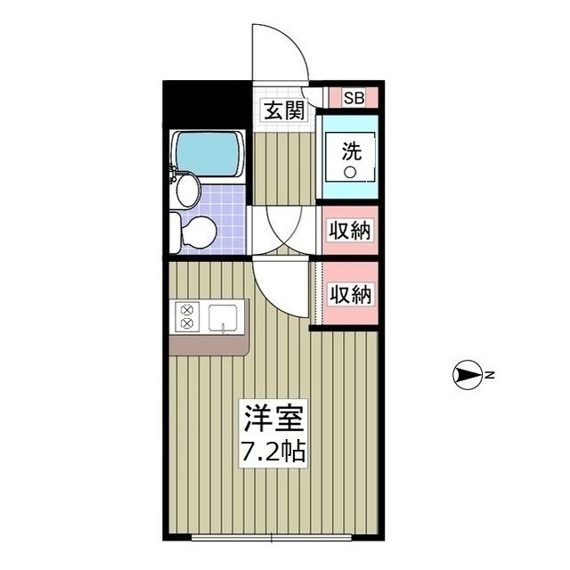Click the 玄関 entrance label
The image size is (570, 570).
(283, 110)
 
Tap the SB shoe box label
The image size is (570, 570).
(354, 98)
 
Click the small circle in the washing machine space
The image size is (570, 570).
(351, 172)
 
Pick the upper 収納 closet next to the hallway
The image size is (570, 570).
(349, 231)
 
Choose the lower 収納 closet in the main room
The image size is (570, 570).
(349, 293)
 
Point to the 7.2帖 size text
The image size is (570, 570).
(273, 452)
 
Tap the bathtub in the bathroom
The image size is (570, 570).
(208, 152)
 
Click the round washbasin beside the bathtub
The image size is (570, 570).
(188, 187)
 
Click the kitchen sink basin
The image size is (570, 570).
(226, 318)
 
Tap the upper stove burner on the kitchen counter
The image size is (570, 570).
(188, 310)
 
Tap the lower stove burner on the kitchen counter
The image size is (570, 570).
(188, 325)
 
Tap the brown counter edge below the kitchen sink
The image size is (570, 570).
(210, 346)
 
